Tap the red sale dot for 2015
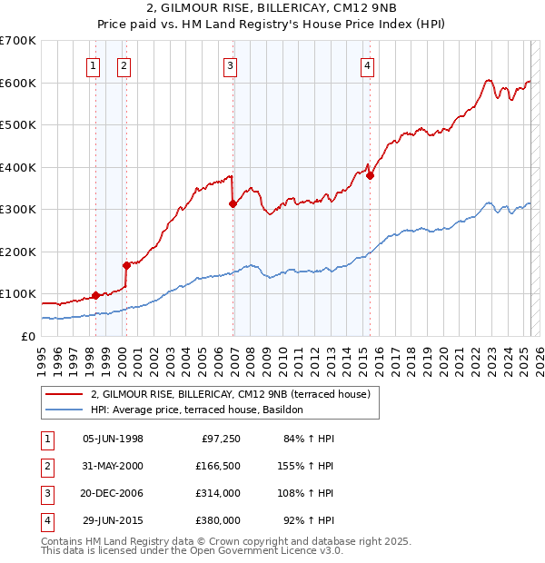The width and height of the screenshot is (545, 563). (371, 176)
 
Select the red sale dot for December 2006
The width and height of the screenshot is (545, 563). (233, 203)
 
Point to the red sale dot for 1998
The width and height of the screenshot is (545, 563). (95, 295)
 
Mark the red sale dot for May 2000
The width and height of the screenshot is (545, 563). (126, 265)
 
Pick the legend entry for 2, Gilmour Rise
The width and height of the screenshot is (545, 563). (231, 395)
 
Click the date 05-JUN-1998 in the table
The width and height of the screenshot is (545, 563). (113, 440)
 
